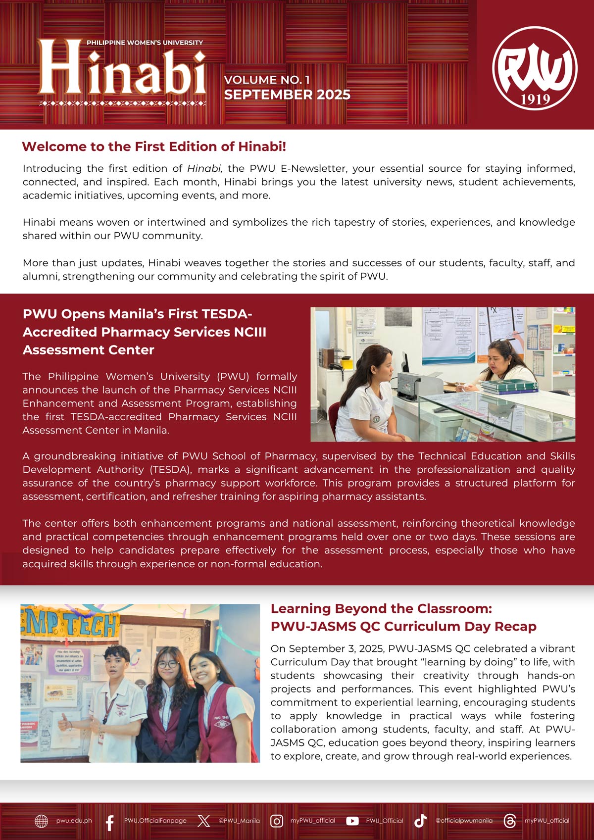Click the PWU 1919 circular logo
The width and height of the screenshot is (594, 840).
[x=535, y=68]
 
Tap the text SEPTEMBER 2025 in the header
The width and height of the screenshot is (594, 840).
[x=287, y=95]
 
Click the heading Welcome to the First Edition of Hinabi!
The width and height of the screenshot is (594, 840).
[x=154, y=147]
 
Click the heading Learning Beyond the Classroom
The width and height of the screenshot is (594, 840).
[x=381, y=608]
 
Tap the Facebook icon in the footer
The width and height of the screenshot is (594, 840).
[x=110, y=821]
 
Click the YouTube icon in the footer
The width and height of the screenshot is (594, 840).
[x=352, y=821]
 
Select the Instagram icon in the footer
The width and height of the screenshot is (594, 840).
[x=277, y=821]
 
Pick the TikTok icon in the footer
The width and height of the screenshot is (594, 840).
[x=420, y=821]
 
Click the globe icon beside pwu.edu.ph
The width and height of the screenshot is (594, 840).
[x=42, y=821]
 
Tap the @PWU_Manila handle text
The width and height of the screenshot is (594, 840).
[x=239, y=821]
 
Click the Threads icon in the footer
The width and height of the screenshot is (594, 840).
[x=509, y=821]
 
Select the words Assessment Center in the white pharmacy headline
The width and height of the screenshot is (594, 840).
[x=89, y=350]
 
